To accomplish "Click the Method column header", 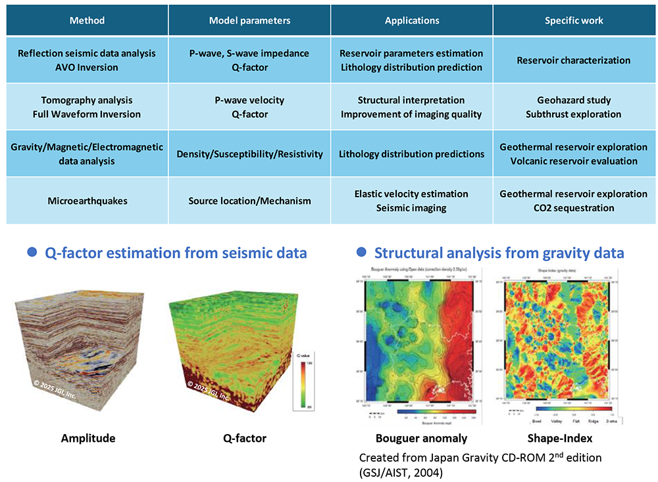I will (x=87, y=20).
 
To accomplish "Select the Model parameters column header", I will (x=249, y=20).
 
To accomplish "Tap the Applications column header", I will (x=411, y=20).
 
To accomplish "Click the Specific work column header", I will (x=574, y=20).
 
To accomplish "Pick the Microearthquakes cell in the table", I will (x=87, y=201).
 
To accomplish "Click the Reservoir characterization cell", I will (x=574, y=60).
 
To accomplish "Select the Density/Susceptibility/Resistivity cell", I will (x=249, y=154).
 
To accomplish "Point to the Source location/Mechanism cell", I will (x=249, y=201).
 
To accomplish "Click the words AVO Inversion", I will (x=87, y=67).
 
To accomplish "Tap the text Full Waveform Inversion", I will (x=87, y=114).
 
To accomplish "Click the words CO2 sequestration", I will (x=574, y=208).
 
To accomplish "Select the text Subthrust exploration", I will (x=574, y=114).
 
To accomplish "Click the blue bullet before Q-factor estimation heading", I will (x=31, y=253).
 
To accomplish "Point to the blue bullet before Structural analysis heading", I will (x=361, y=253).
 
